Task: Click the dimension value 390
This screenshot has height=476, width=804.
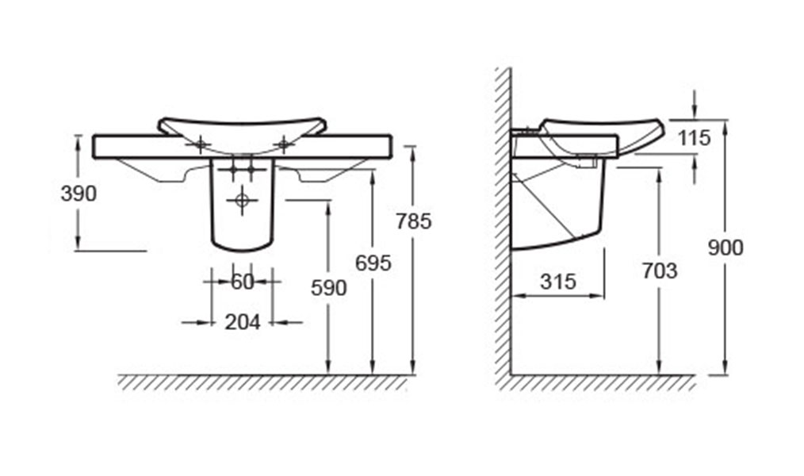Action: click(x=78, y=194)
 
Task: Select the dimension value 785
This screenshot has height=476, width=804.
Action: click(x=414, y=221)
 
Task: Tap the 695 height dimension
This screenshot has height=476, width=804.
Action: click(x=373, y=263)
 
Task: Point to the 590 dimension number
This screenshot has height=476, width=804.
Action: click(x=329, y=288)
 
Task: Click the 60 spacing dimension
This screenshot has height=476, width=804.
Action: click(x=243, y=282)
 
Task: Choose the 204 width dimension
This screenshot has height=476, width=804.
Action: click(x=243, y=322)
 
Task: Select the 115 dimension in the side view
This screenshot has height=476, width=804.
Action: click(x=695, y=138)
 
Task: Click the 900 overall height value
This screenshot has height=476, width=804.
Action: click(x=725, y=248)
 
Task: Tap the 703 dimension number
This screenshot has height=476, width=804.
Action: click(x=660, y=271)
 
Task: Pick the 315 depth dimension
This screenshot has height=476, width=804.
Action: click(x=558, y=282)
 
